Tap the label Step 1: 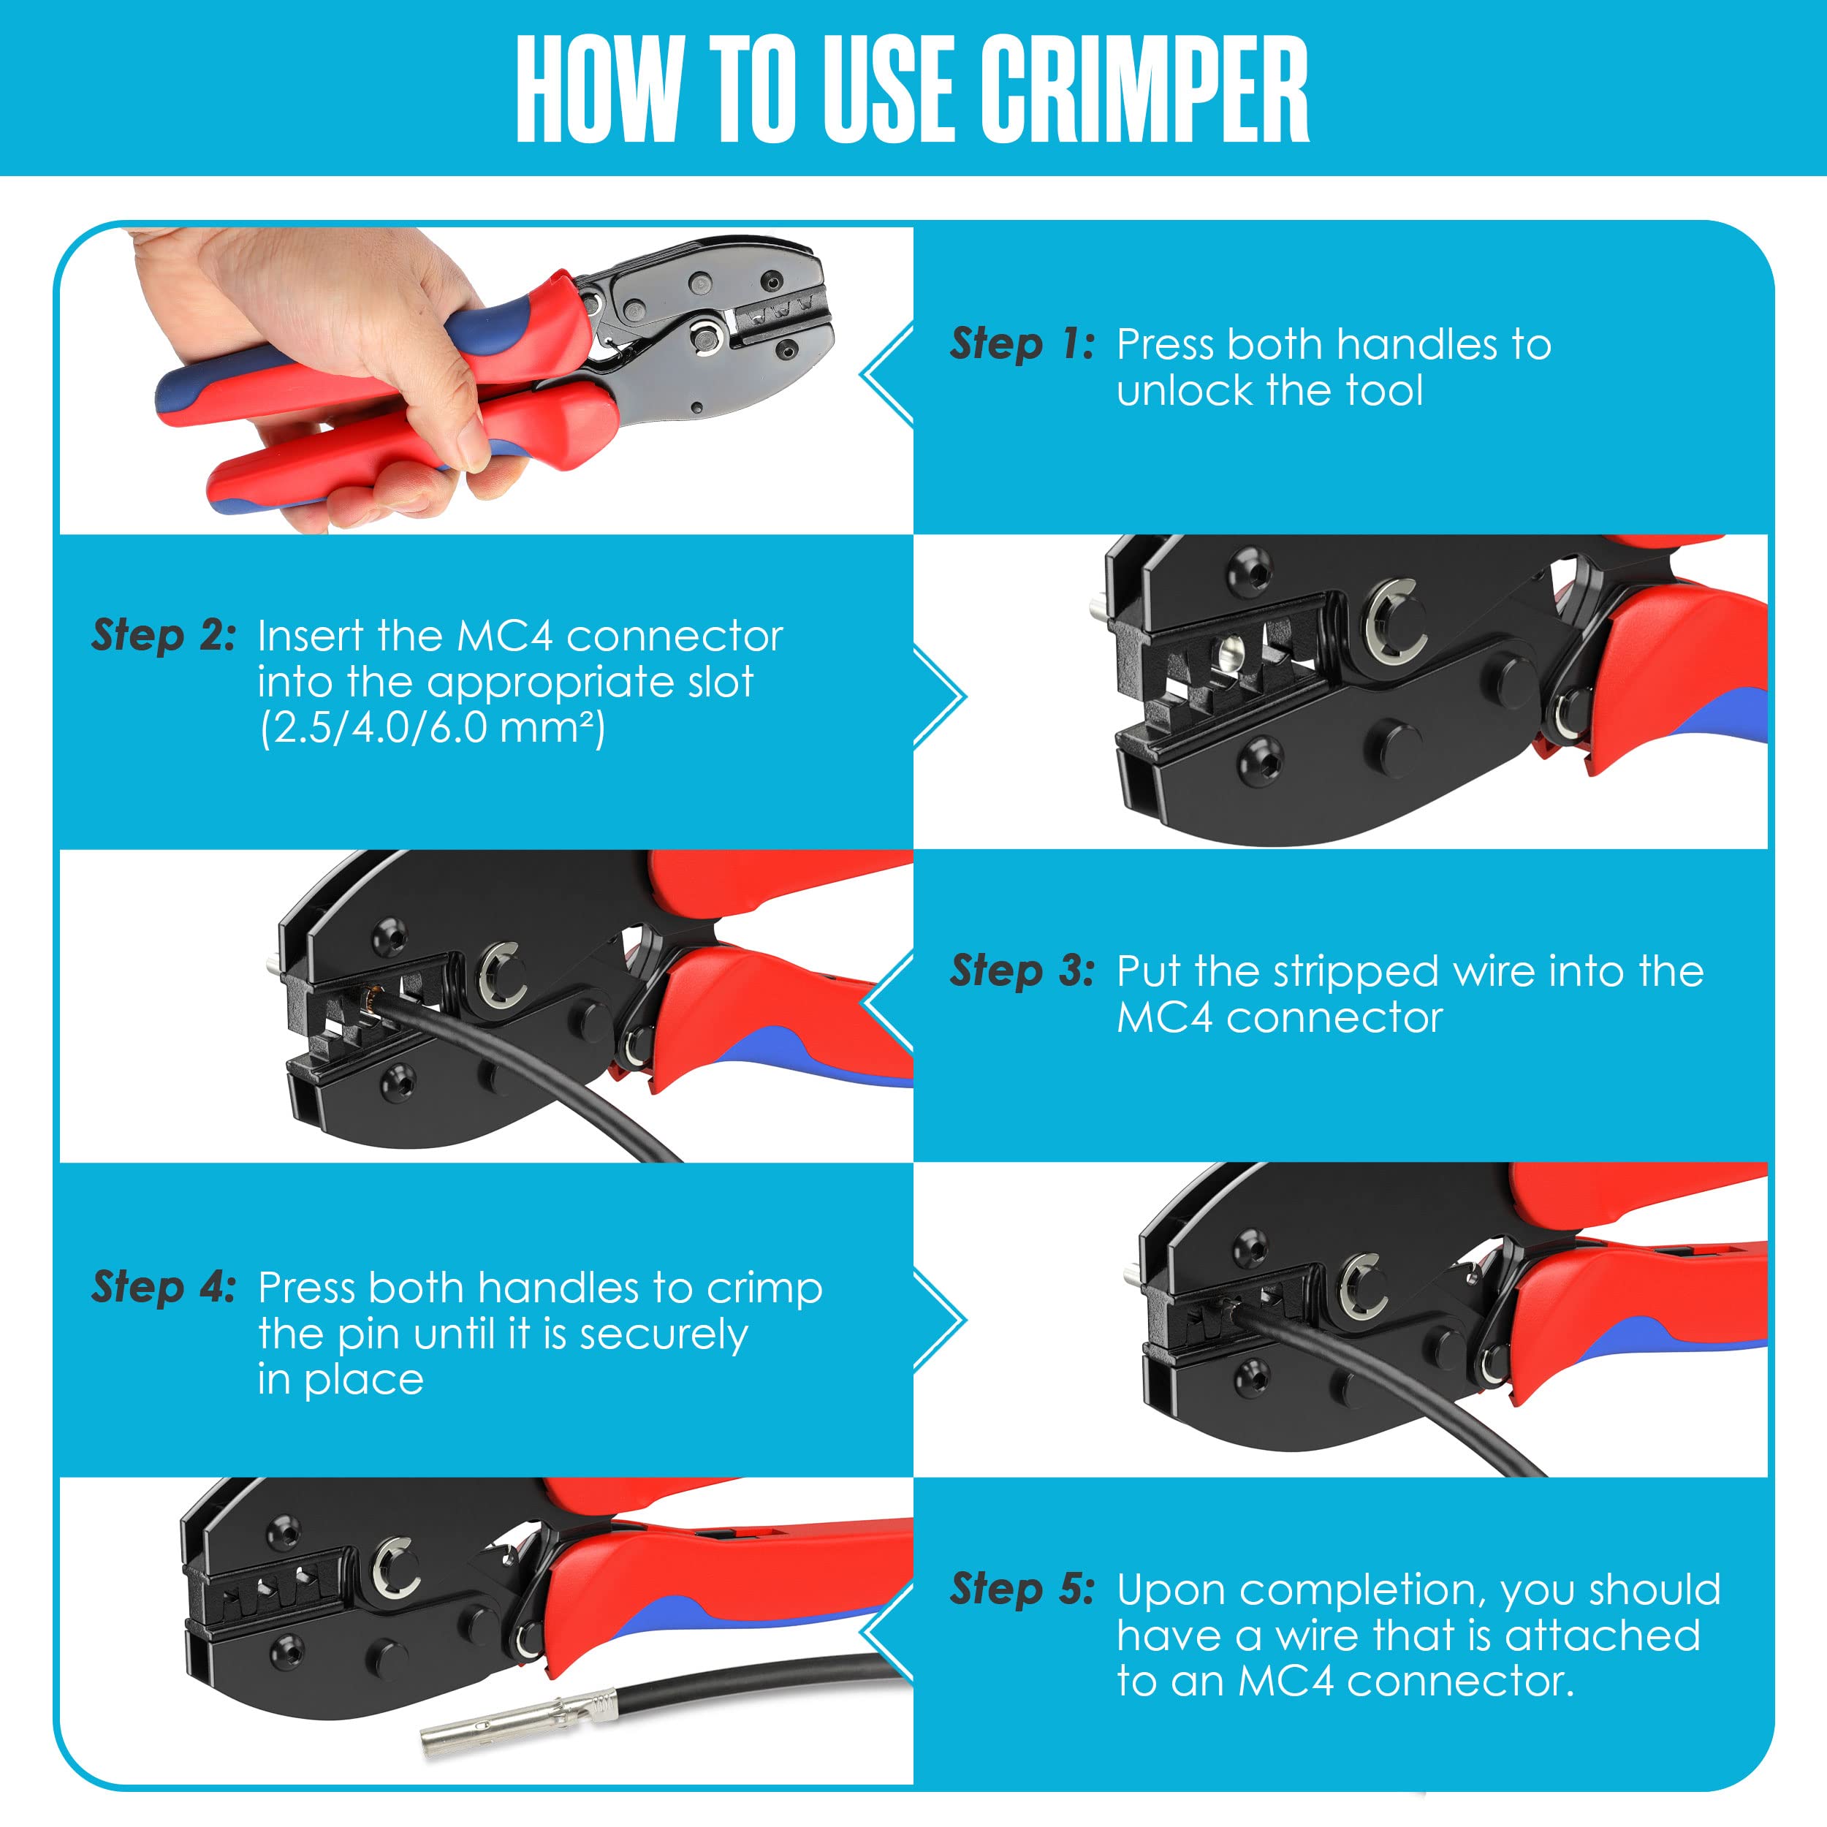click(1022, 344)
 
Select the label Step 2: click(164, 636)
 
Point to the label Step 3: click(1022, 971)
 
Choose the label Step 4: click(164, 1287)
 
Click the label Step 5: click(1022, 1589)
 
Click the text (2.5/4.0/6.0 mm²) click(432, 727)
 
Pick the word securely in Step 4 click(663, 1334)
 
